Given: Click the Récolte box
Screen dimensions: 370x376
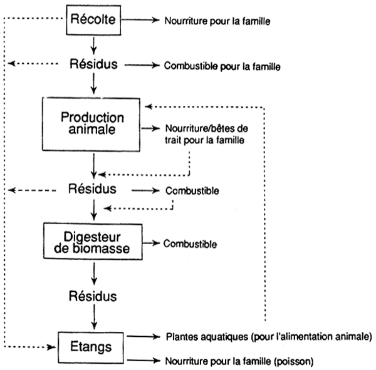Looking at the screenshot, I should click(x=93, y=21).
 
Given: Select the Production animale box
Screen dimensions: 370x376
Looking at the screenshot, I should click(x=93, y=123).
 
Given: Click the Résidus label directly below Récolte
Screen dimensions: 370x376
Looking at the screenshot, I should click(x=93, y=64).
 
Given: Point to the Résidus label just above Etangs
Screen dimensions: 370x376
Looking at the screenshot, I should click(x=93, y=294).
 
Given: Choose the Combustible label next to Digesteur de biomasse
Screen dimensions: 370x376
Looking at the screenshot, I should click(x=191, y=241).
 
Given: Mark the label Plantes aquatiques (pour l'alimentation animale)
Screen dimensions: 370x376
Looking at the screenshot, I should click(x=268, y=337).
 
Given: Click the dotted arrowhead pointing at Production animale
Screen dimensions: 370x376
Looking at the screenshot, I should click(x=146, y=106).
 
